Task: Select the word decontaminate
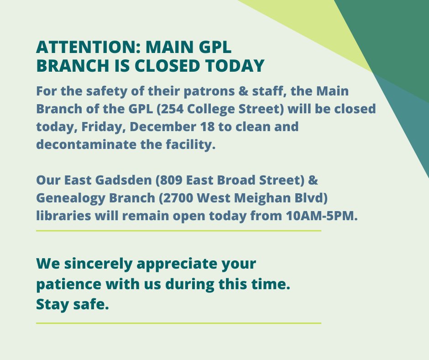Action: click(79, 144)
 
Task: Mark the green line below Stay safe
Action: click(178, 323)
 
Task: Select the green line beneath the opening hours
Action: click(178, 231)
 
